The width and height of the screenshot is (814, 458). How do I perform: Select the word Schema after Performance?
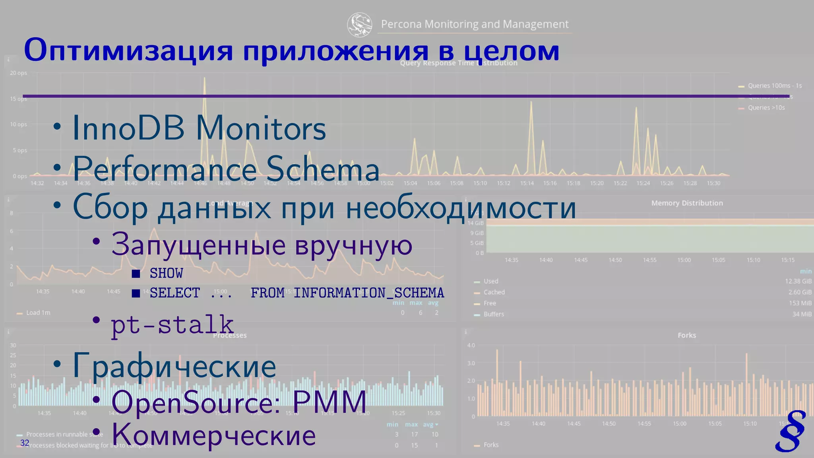pyautogui.click(x=323, y=169)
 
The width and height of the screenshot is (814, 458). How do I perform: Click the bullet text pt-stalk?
pyautogui.click(x=172, y=324)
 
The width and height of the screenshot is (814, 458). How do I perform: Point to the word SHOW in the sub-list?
pyautogui.click(x=166, y=274)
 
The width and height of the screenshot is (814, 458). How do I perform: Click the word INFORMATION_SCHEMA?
pyautogui.click(x=368, y=293)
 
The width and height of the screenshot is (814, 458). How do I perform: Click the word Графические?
pyautogui.click(x=174, y=366)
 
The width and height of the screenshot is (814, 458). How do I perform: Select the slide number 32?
pyautogui.click(x=25, y=443)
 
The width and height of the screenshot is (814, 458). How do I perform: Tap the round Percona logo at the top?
pyautogui.click(x=359, y=24)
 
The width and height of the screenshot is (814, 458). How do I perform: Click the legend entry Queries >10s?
pyautogui.click(x=766, y=108)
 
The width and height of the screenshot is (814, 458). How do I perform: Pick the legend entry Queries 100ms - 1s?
pyautogui.click(x=774, y=85)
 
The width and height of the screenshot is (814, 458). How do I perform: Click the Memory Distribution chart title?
pyautogui.click(x=687, y=203)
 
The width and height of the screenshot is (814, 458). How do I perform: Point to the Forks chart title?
pyautogui.click(x=687, y=335)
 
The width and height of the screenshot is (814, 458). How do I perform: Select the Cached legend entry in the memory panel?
pyautogui.click(x=494, y=292)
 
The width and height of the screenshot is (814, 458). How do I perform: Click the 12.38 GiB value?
pyautogui.click(x=798, y=281)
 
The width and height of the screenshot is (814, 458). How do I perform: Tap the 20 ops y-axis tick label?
pyautogui.click(x=19, y=73)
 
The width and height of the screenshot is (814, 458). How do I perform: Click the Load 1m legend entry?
pyautogui.click(x=38, y=313)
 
